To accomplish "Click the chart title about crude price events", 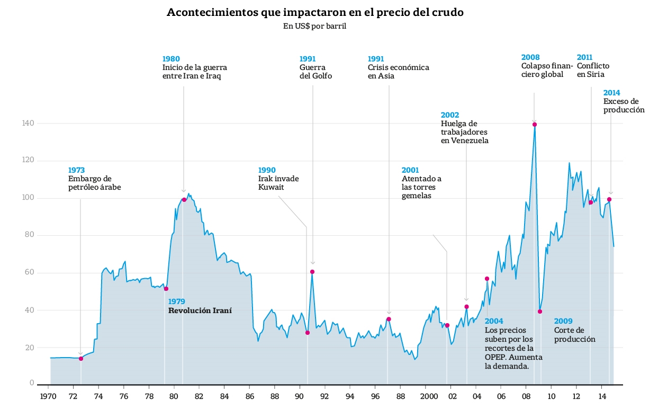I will (315, 12).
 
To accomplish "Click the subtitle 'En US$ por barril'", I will (314, 26).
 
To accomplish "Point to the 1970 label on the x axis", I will (48, 396).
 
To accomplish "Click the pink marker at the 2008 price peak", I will (535, 125).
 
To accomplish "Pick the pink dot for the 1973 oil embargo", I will (81, 359).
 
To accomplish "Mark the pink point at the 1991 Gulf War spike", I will (312, 272).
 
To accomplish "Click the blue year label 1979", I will (177, 301).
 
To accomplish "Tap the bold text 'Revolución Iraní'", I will (200, 310).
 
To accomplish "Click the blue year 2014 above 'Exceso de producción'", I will (612, 93).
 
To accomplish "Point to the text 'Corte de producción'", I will (575, 335).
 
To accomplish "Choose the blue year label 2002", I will (450, 115).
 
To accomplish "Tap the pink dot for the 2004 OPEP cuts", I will (487, 279).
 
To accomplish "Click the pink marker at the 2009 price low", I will (540, 312).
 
